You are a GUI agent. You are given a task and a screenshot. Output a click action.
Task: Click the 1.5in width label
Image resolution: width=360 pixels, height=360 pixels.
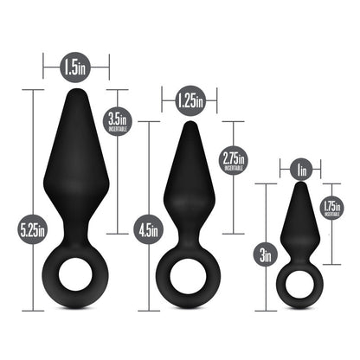pos(76,64)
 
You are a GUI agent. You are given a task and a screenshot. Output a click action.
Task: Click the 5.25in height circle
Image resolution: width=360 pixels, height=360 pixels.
pos(34,228)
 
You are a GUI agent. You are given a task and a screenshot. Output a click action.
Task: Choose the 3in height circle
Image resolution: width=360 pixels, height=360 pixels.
pos(266,254)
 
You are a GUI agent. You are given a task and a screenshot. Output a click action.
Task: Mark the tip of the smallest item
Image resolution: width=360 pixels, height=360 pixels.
pos(300,186)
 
